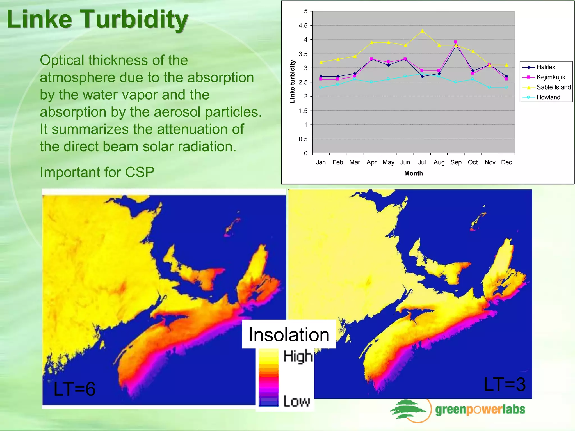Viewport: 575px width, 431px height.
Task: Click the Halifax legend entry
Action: click(x=546, y=67)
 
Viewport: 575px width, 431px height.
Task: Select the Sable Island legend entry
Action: click(x=553, y=87)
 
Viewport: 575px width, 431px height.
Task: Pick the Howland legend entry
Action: click(x=548, y=97)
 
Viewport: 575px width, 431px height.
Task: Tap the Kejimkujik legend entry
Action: click(x=551, y=77)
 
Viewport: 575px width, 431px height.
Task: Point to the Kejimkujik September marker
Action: click(x=456, y=42)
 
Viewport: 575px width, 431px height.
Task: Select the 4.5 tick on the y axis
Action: click(x=303, y=26)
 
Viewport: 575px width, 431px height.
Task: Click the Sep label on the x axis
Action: click(x=456, y=162)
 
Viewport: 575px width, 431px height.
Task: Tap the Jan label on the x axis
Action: click(x=321, y=162)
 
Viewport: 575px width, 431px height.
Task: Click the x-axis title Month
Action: click(x=413, y=173)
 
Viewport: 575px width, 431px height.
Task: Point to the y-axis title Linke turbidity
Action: click(x=292, y=82)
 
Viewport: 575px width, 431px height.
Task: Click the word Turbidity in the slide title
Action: click(x=135, y=20)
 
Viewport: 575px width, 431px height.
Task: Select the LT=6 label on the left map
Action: click(x=74, y=389)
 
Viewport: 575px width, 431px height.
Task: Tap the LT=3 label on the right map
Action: click(x=504, y=384)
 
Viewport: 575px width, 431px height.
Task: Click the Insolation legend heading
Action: click(x=289, y=335)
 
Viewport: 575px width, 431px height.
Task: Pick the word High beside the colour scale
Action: click(x=298, y=356)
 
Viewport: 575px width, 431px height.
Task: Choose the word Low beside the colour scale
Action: click(x=296, y=401)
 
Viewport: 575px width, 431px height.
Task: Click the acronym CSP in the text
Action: click(x=140, y=172)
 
